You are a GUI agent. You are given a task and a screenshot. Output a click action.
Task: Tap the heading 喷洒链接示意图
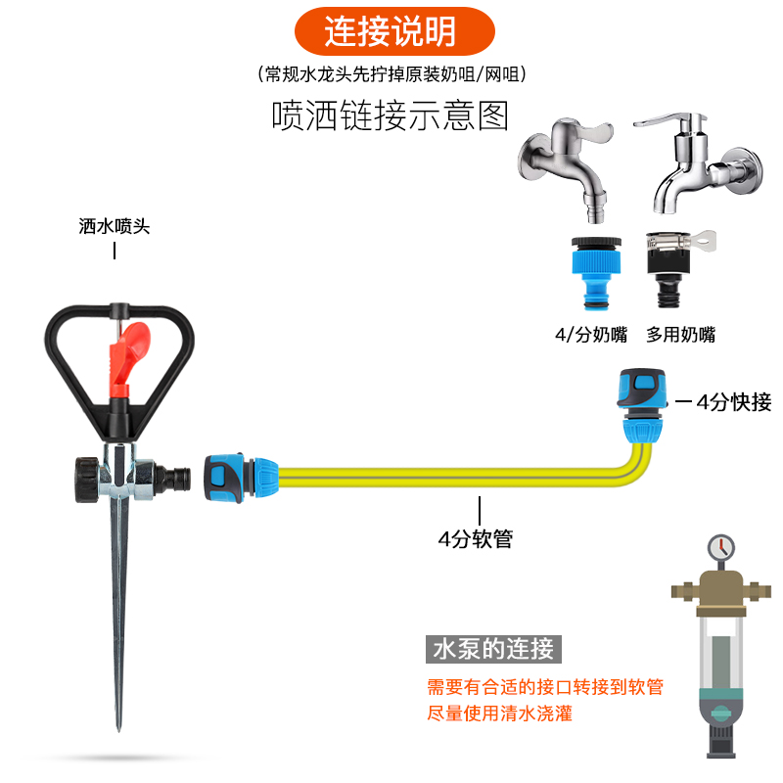(x=391, y=116)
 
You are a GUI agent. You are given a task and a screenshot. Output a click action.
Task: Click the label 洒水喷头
(x=115, y=226)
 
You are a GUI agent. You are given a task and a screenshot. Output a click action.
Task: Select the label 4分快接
(x=734, y=401)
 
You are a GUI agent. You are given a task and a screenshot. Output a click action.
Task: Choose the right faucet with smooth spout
(x=695, y=166)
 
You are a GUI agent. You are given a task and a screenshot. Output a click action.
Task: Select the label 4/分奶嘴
(x=591, y=335)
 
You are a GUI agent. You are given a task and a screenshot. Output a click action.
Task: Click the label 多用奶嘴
(x=680, y=335)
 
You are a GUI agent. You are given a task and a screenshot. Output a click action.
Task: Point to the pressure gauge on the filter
(x=721, y=546)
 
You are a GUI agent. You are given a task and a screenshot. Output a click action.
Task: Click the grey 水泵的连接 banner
(x=495, y=648)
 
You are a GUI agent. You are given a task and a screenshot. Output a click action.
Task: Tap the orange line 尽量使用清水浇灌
(x=500, y=714)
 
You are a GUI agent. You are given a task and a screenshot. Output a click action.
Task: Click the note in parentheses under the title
(x=391, y=74)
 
